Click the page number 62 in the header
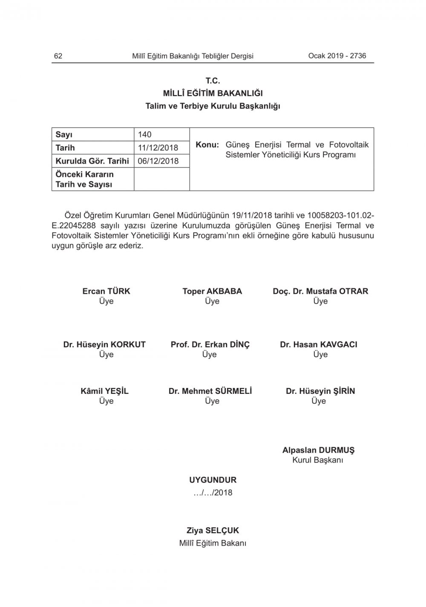click(x=58, y=56)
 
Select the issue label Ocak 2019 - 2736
click(x=337, y=56)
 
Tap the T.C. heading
click(x=213, y=81)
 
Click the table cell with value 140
click(x=145, y=135)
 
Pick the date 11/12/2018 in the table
click(x=158, y=148)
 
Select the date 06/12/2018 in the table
click(x=158, y=161)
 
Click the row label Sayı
click(x=64, y=135)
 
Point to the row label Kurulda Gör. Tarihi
click(x=92, y=161)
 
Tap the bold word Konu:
click(x=207, y=145)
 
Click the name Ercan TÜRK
click(x=106, y=291)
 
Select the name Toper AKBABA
click(x=212, y=291)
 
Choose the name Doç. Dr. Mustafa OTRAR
click(x=320, y=291)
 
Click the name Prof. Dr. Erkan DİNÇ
click(x=210, y=344)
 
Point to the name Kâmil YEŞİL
click(x=104, y=391)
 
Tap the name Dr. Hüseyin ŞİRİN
click(x=320, y=391)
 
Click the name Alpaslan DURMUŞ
click(x=318, y=450)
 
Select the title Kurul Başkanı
click(x=318, y=460)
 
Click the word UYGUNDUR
click(x=213, y=480)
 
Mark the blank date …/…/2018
click(x=213, y=493)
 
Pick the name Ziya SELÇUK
click(x=213, y=531)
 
